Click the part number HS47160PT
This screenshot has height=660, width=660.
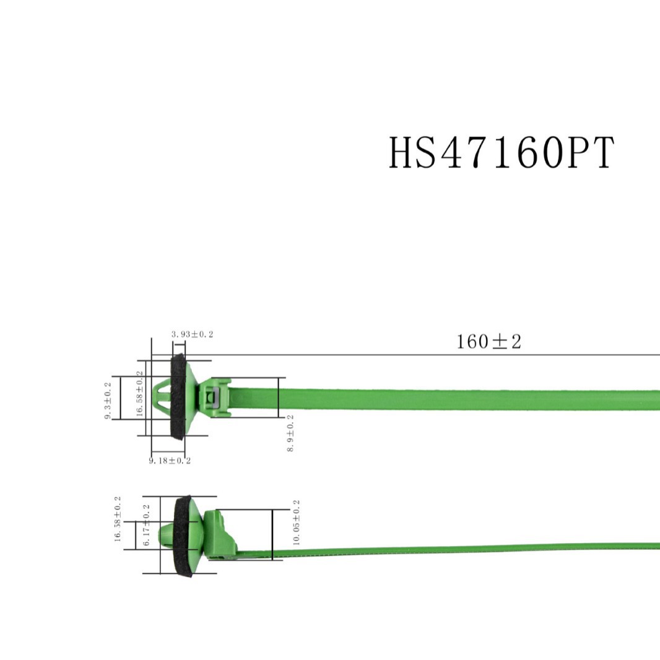(502, 153)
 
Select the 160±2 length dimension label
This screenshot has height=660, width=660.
(488, 341)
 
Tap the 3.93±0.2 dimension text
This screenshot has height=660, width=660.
(192, 334)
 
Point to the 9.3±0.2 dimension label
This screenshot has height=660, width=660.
(108, 401)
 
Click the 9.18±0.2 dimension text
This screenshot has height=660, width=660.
(170, 461)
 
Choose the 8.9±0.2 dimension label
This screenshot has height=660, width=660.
(290, 433)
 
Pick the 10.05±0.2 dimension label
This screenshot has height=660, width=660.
(296, 522)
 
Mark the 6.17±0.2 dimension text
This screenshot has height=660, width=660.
(147, 525)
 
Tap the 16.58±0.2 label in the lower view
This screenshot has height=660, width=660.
(118, 519)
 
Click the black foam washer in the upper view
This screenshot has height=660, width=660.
(177, 396)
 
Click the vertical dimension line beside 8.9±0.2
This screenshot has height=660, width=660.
(279, 397)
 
